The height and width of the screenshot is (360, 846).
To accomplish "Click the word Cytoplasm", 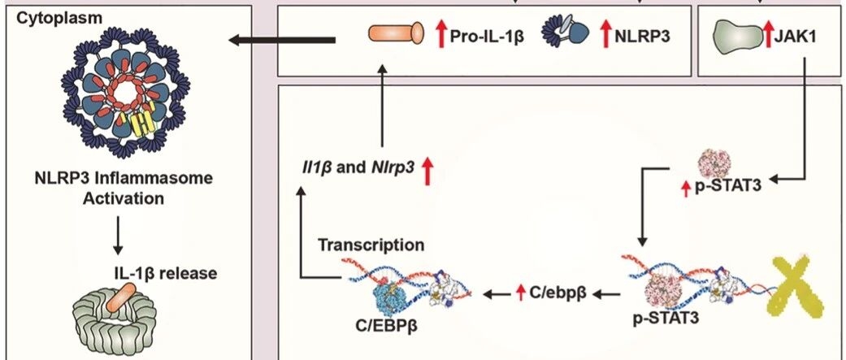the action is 59,18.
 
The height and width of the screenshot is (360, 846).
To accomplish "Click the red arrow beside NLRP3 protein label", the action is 605,36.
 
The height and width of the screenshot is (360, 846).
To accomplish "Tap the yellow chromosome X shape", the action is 796,287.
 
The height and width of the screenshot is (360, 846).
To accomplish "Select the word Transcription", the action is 371,245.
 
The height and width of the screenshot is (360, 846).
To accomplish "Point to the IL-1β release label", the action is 166,273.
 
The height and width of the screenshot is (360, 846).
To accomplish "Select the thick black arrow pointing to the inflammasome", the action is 283,39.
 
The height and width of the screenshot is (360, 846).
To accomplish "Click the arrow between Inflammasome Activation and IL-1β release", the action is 118,236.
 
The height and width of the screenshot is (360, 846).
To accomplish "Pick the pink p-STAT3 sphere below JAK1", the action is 714,162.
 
